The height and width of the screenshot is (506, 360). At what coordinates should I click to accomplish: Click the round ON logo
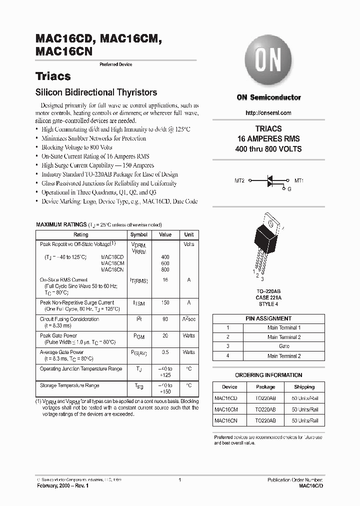pyautogui.click(x=268, y=61)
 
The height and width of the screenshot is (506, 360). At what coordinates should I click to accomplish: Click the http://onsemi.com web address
pyautogui.click(x=268, y=113)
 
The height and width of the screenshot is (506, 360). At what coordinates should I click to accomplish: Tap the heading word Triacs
pyautogui.click(x=53, y=76)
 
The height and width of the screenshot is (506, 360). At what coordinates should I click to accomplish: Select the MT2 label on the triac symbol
pyautogui.click(x=239, y=180)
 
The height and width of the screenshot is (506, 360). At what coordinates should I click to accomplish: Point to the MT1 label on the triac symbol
pyautogui.click(x=299, y=180)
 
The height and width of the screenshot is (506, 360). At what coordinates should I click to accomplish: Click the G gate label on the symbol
pyautogui.click(x=288, y=189)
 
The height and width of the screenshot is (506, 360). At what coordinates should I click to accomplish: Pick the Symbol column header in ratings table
pyautogui.click(x=139, y=234)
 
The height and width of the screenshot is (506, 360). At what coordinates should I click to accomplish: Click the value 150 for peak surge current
pyautogui.click(x=165, y=302)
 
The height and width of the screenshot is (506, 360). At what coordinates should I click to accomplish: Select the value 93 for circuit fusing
pyautogui.click(x=165, y=319)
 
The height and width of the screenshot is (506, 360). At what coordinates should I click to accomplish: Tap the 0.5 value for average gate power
pyautogui.click(x=165, y=352)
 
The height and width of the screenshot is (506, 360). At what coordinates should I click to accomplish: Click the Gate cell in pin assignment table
pyautogui.click(x=283, y=346)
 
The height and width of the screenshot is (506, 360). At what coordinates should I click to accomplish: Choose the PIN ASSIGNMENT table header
pyautogui.click(x=268, y=318)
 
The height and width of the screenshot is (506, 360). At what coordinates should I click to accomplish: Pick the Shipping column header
pyautogui.click(x=304, y=387)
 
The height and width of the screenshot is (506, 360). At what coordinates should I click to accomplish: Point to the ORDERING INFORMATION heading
pyautogui.click(x=268, y=375)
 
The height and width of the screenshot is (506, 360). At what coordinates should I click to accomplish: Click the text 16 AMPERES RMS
pyautogui.click(x=268, y=139)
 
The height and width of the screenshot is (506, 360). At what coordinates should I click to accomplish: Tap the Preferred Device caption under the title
pyautogui.click(x=116, y=64)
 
